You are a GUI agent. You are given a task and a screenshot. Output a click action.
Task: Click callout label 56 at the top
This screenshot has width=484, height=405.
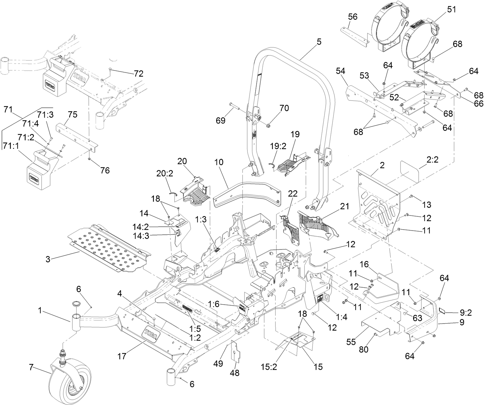353,17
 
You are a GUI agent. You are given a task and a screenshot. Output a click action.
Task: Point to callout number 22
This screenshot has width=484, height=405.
293,194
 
